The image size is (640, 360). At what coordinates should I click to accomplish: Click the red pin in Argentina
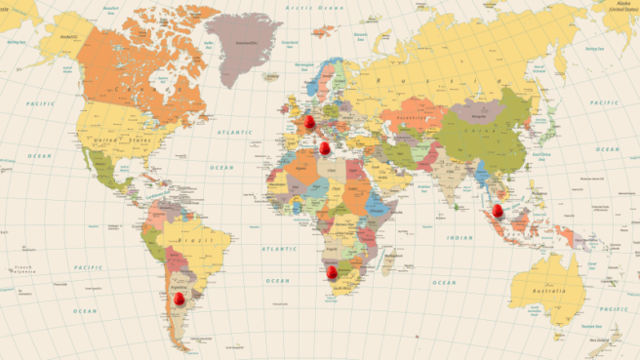(x=180, y=299)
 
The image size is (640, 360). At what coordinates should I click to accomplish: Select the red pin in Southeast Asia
(x=498, y=209)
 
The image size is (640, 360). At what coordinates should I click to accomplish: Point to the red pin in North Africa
(x=325, y=147)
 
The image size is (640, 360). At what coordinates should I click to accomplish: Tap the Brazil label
(x=195, y=240)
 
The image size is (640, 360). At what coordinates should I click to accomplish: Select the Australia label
(x=550, y=292)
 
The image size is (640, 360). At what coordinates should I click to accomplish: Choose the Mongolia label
(x=478, y=114)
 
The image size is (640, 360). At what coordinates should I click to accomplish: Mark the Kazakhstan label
(x=406, y=120)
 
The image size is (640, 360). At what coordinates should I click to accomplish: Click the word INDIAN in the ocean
(x=460, y=237)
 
